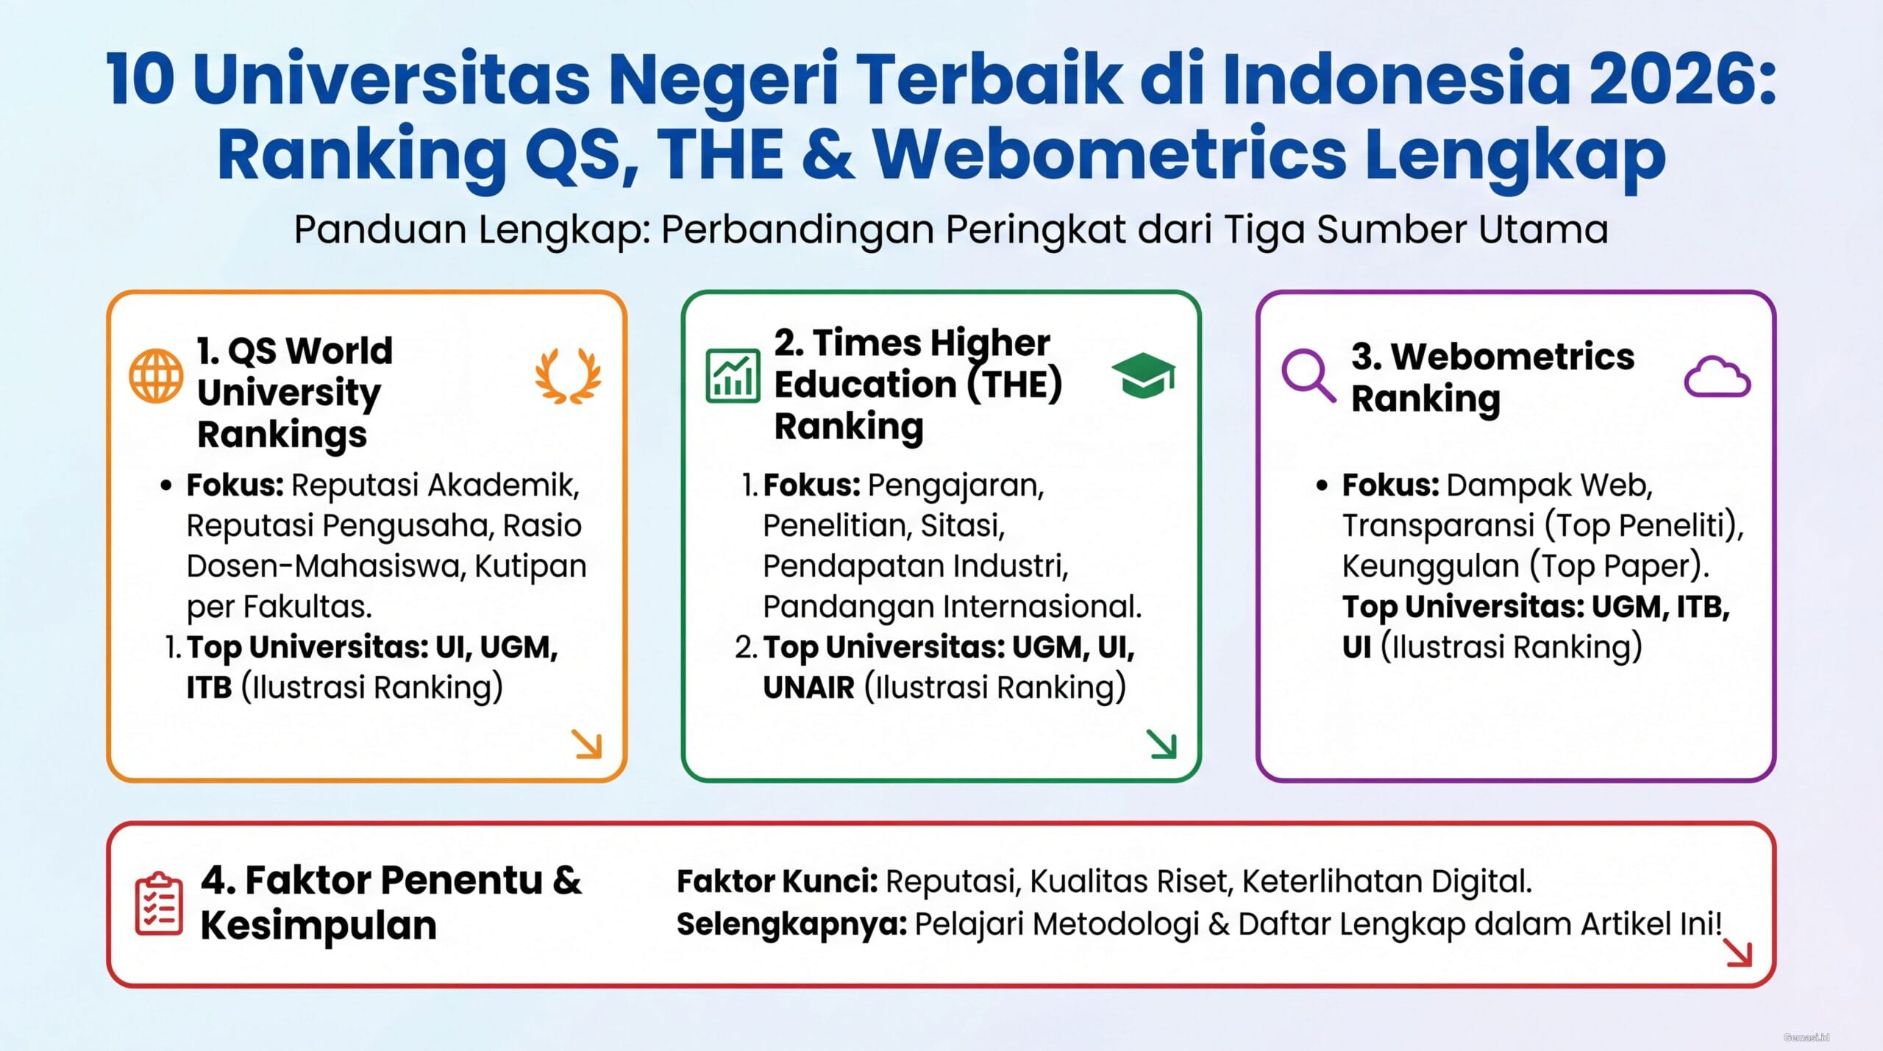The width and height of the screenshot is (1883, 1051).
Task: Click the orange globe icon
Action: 156,376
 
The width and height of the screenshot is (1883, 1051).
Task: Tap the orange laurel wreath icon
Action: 568,375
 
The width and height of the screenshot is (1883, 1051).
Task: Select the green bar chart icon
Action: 733,376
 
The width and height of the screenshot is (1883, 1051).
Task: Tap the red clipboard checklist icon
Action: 159,904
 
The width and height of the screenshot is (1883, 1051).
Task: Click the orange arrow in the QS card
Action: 588,744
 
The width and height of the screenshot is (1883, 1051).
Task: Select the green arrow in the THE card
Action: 1162,744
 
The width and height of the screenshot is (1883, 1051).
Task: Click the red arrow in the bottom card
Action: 1738,953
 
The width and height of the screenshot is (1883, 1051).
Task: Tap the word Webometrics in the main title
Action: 1110,155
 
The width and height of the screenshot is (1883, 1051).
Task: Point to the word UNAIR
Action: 808,688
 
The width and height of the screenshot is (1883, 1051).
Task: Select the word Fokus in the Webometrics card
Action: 1389,485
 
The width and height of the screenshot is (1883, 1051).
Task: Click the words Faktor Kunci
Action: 777,881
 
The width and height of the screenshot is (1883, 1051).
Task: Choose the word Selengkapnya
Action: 791,924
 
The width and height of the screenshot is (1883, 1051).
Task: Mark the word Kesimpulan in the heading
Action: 318,925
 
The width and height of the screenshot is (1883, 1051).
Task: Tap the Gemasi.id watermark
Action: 1806,1038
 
